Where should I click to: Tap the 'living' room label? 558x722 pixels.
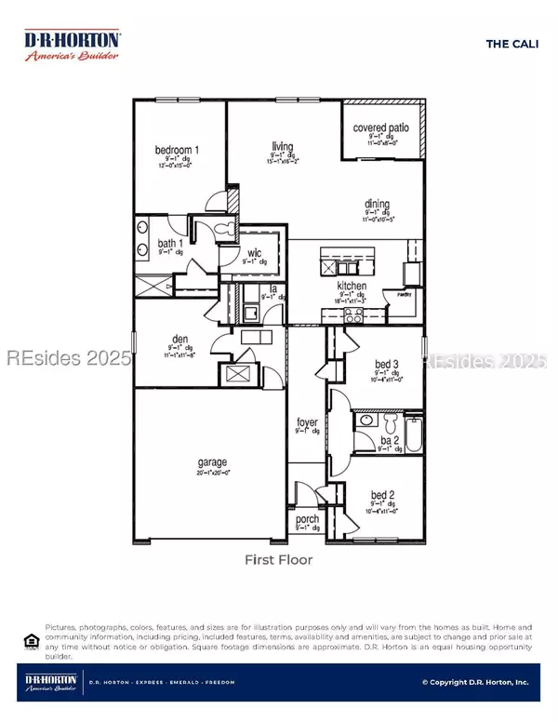[283, 145]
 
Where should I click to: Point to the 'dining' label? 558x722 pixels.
[377, 205]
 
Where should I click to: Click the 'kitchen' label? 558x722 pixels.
[352, 286]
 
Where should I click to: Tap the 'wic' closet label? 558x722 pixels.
[254, 252]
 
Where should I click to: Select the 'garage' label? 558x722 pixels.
[212, 462]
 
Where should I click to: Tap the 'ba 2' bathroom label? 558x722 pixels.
[390, 441]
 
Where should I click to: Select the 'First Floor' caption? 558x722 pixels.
[278, 560]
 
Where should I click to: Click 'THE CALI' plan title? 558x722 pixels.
[509, 43]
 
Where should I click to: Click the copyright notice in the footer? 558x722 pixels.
[475, 682]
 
